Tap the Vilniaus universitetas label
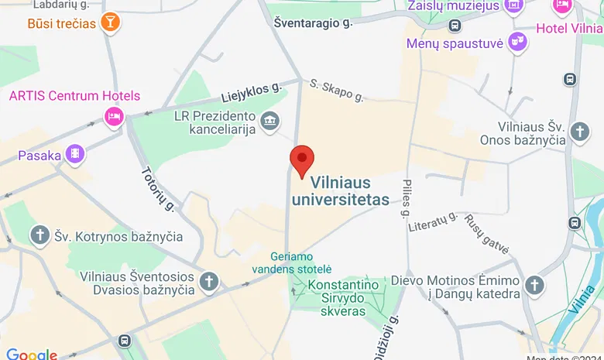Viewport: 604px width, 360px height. [350, 191]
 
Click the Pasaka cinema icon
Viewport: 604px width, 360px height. [74, 155]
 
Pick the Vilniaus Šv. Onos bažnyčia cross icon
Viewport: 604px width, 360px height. [578, 131]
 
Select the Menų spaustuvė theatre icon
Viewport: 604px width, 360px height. [518, 42]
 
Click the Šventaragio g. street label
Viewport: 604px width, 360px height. [313, 23]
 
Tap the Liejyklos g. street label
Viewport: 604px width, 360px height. [250, 93]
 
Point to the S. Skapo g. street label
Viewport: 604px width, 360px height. [336, 89]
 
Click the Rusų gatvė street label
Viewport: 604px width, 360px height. [486, 233]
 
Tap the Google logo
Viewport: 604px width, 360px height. [31, 354]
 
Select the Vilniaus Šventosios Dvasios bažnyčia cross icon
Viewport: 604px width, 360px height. [208, 282]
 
